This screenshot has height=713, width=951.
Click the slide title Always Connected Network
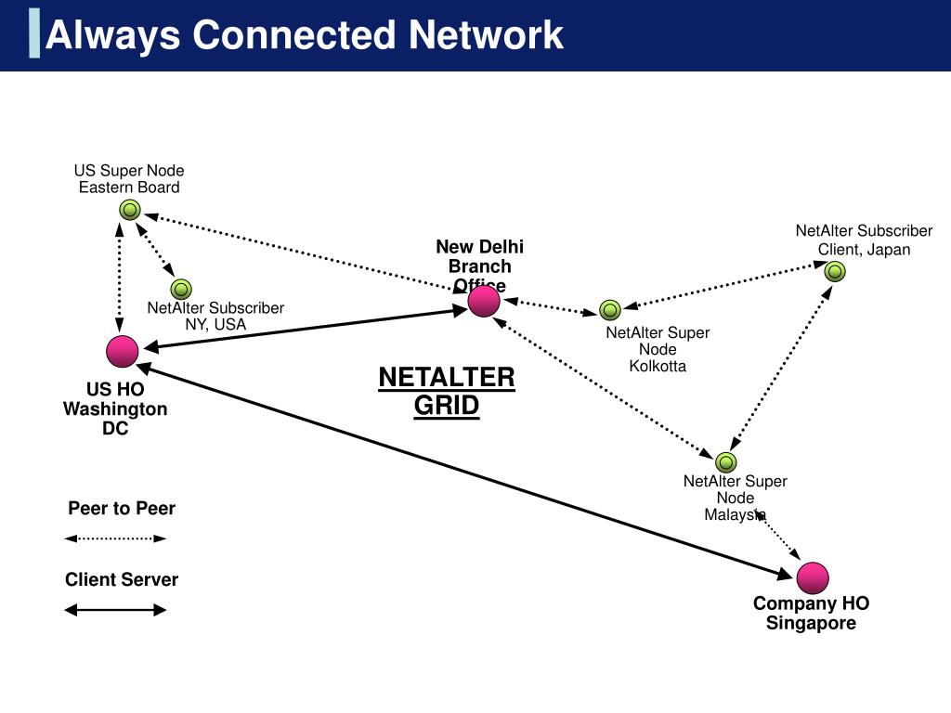tap(304, 35)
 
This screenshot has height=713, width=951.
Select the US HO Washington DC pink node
tap(122, 352)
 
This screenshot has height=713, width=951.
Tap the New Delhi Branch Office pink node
tap(484, 301)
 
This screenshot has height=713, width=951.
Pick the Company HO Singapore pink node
tap(813, 578)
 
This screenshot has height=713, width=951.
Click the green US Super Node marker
tap(130, 210)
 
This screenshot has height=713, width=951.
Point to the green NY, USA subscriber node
tap(181, 289)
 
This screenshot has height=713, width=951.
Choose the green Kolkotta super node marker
tap(610, 310)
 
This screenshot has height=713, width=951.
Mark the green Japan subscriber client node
tap(835, 271)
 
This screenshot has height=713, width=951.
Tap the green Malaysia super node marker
tap(726, 461)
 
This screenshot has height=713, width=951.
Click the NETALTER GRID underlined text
tap(447, 391)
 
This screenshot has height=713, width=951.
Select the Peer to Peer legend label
tap(122, 509)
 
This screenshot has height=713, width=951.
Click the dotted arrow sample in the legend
tap(115, 538)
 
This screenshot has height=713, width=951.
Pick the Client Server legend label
tap(122, 580)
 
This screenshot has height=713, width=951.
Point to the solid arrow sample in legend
tap(115, 610)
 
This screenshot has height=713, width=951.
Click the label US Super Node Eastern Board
tap(129, 178)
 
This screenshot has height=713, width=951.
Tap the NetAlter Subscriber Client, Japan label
tap(864, 240)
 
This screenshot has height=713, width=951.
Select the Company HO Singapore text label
tap(811, 613)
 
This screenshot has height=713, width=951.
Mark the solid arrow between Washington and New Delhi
tap(306, 329)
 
